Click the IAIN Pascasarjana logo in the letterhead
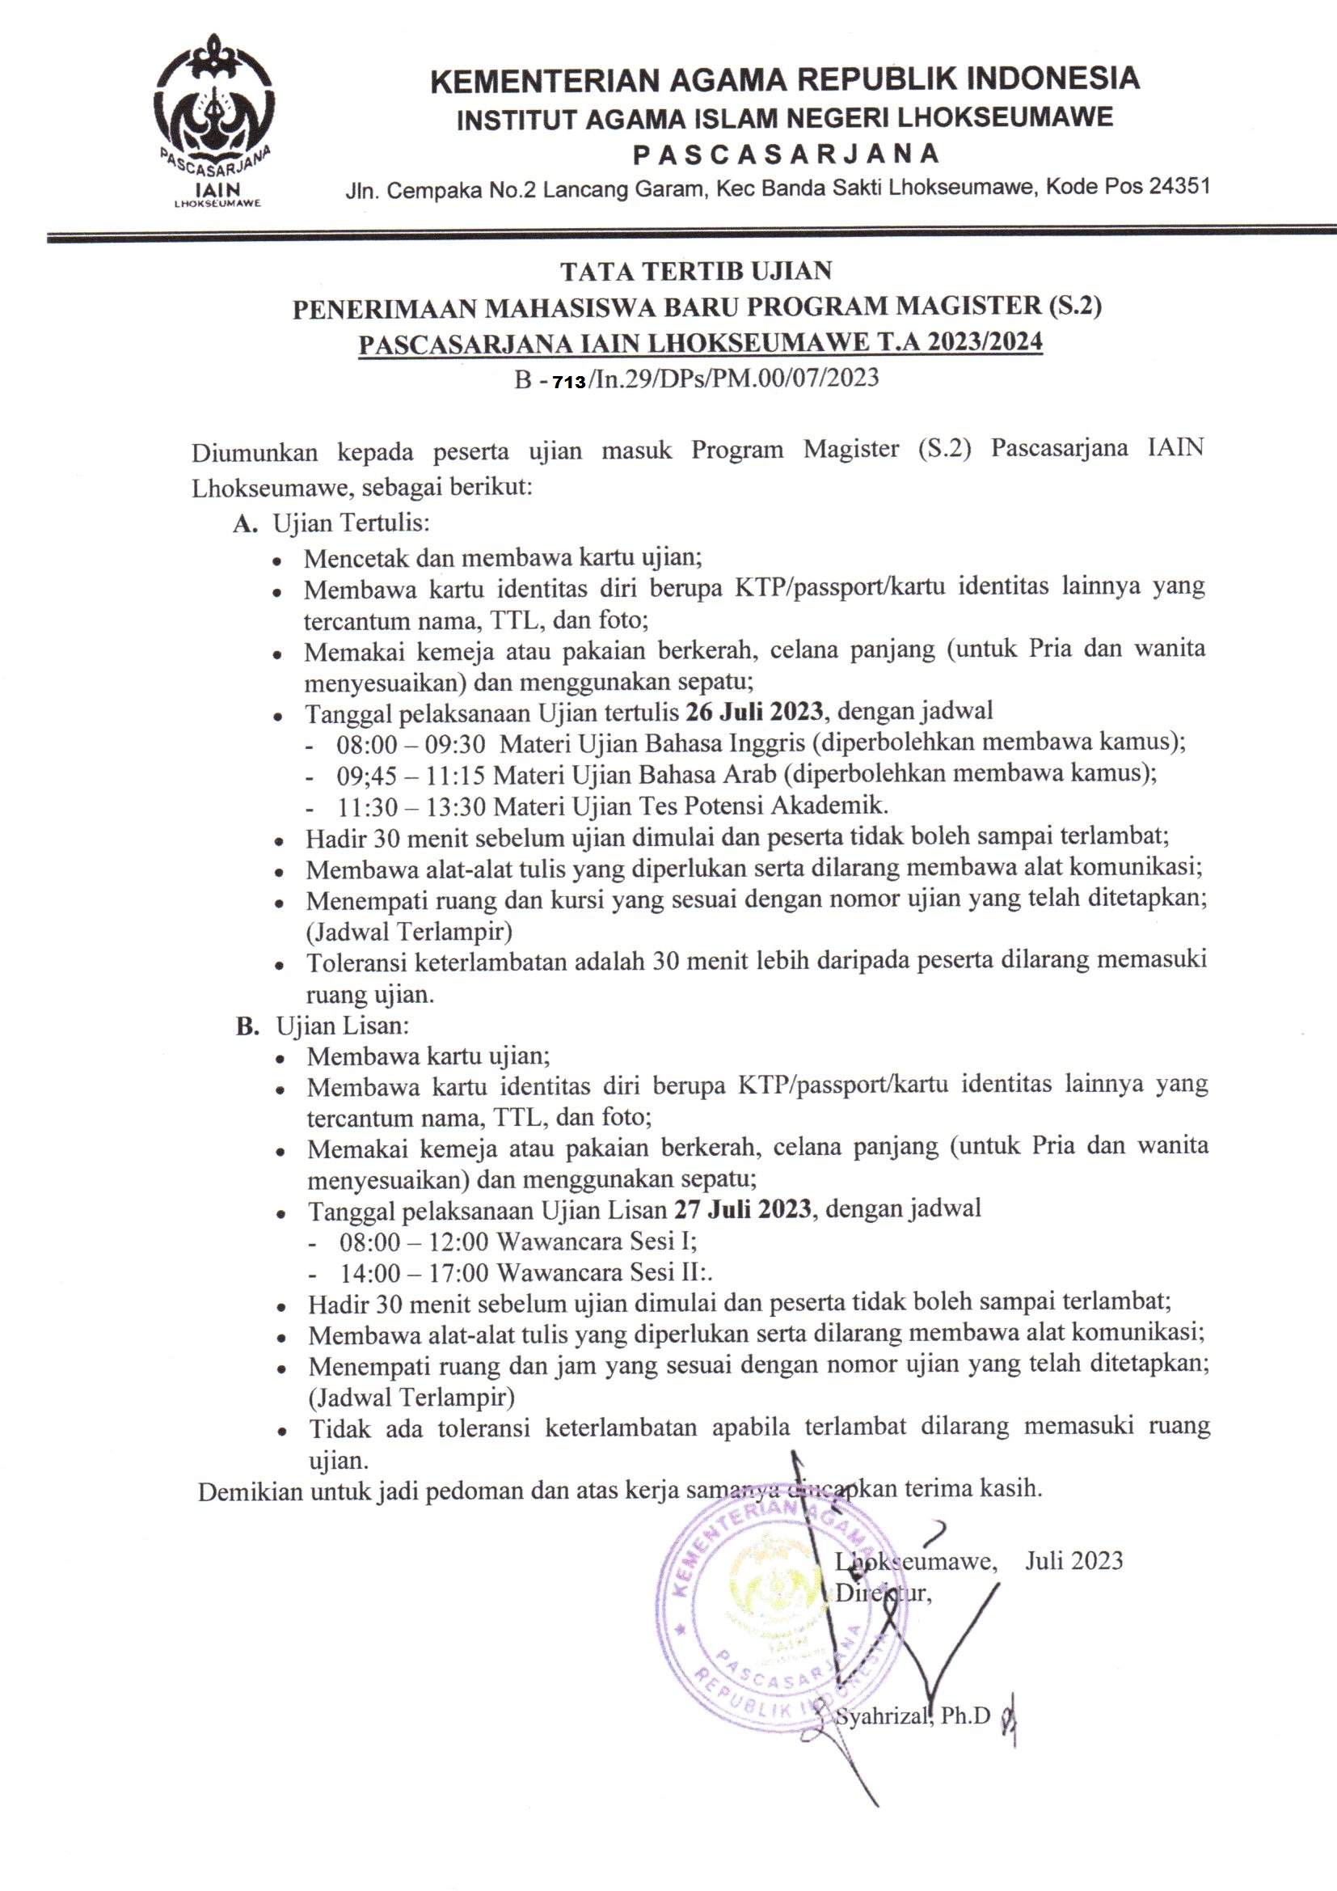coord(215,120)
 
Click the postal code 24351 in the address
coord(1179,186)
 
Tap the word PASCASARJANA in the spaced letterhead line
coord(786,154)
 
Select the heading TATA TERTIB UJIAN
coord(696,271)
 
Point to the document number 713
coord(569,382)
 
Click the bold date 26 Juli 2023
coord(754,712)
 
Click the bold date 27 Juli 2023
coord(743,1209)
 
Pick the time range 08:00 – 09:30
coord(411,744)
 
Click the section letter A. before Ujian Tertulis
coord(246,525)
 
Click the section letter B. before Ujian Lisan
coord(248,1026)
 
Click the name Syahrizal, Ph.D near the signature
coord(912,1716)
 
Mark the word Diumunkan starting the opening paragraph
coord(255,453)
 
